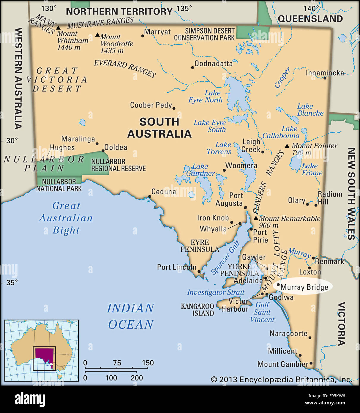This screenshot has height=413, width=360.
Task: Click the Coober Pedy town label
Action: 151,105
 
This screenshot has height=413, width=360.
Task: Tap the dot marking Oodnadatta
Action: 192,67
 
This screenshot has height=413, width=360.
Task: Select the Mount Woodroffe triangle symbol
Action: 97,35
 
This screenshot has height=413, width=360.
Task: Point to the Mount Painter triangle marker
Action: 287,146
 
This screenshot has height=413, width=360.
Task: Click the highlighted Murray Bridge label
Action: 304,287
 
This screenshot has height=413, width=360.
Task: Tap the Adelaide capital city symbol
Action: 266,278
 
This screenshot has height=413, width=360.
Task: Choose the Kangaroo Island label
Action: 198,310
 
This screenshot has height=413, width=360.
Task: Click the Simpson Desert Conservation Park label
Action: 204,34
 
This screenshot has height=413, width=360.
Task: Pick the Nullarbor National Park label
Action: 59,185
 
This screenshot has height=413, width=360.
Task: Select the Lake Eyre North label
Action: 206,97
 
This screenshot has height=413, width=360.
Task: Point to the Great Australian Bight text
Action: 66,218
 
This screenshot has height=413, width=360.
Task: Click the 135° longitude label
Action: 184,8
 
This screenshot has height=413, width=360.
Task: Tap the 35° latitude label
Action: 12,282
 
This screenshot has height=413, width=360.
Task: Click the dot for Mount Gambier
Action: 311,363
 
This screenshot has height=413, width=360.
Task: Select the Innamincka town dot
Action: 325,78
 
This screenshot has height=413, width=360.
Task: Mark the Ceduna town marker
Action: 149,196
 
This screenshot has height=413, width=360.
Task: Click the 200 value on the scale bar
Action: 137,378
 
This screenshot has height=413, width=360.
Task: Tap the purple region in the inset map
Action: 44,355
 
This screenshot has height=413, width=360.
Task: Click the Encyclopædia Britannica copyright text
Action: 281,379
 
